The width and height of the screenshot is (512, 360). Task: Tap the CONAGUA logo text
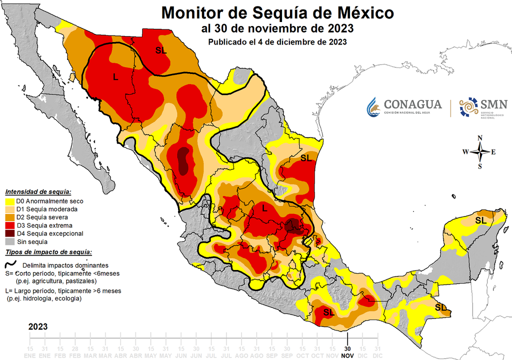coord(412,104)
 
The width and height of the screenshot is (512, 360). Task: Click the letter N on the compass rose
coord(480,138)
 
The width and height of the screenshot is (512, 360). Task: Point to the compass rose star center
coord(480,152)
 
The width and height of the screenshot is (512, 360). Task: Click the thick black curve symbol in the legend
coord(10,264)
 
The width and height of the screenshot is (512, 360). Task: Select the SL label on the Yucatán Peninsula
coord(480,220)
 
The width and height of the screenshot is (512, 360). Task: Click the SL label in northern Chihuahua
coord(161,50)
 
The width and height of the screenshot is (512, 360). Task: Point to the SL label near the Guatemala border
coord(440,307)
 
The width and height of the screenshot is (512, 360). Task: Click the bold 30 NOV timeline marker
coord(347,351)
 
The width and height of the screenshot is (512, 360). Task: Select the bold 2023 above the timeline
coord(38,326)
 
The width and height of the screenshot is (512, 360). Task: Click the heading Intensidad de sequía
coord(38,192)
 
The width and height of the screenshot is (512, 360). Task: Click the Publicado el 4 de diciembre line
coord(277,42)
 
